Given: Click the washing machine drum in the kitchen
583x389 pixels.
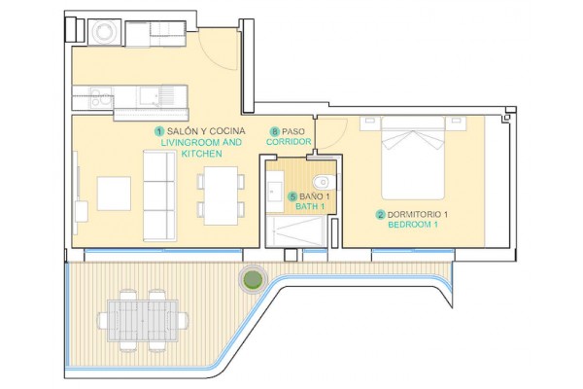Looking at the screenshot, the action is click(105, 32).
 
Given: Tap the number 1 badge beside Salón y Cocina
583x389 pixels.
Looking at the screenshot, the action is click(160, 131).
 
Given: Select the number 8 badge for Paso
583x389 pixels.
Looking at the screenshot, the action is click(275, 131).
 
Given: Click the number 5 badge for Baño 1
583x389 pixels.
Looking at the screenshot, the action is click(293, 196).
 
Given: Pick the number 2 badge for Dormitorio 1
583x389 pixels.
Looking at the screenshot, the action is click(380, 215).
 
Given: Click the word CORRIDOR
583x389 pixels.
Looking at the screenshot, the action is click(289, 142).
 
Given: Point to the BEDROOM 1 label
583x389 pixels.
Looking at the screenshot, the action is click(413, 225).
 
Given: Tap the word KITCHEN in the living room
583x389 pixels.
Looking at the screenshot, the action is click(202, 154).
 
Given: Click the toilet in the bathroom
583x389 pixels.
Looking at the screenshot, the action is click(325, 183).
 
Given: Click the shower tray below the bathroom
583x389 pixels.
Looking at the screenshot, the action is click(296, 231).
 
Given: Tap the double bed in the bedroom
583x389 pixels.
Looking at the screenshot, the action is click(413, 158).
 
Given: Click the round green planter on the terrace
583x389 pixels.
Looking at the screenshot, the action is click(253, 279).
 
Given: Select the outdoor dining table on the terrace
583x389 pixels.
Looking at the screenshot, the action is click(143, 321).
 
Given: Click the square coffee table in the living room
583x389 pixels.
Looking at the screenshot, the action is click(114, 194).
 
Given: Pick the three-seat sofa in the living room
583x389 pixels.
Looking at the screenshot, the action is click(160, 195).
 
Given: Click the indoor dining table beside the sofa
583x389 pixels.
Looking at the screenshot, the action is click(221, 195).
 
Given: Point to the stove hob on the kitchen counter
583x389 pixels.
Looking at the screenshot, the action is click(101, 97).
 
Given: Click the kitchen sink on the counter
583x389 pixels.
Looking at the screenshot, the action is click(150, 96).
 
